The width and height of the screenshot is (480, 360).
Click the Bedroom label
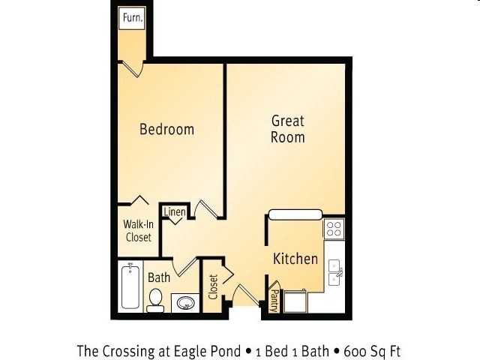[166, 129]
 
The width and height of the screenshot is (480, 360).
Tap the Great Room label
[288, 129]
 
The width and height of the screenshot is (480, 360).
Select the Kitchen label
[295, 259]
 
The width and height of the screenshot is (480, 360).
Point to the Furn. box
[133, 18]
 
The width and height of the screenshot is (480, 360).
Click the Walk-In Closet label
[138, 230]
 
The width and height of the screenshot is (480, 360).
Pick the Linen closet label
[175, 211]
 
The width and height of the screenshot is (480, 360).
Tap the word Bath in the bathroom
[159, 277]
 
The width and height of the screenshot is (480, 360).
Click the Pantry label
[274, 301]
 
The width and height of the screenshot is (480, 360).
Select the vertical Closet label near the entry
[213, 286]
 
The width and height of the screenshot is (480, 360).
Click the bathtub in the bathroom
[130, 286]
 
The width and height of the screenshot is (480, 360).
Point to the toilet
[155, 300]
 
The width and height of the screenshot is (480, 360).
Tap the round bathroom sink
[185, 303]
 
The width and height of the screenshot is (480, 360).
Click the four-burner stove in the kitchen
[334, 229]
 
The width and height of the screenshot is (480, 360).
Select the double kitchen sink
[334, 272]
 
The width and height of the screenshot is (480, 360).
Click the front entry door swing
[246, 295]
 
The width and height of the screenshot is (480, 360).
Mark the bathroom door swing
[184, 267]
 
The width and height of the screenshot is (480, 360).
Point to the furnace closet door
[132, 69]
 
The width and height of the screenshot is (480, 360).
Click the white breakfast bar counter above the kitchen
[295, 214]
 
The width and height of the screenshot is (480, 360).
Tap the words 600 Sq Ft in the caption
[372, 351]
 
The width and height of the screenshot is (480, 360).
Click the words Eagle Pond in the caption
[208, 351]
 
